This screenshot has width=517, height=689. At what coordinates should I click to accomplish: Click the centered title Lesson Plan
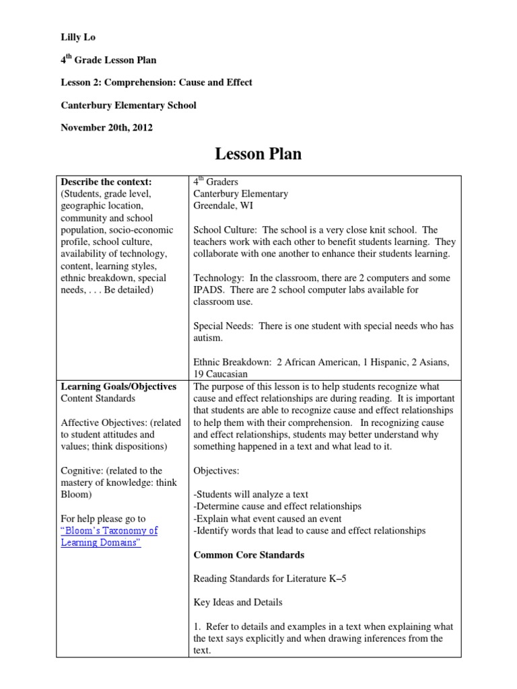pyautogui.click(x=258, y=154)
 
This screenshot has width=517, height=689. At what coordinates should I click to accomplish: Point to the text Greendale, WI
pyautogui.click(x=223, y=206)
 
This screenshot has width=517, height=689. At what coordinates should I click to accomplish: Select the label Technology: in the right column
pyautogui.click(x=217, y=278)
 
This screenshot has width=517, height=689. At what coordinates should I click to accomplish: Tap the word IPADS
pyautogui.click(x=208, y=290)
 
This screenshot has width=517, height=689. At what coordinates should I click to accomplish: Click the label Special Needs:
pyautogui.click(x=223, y=326)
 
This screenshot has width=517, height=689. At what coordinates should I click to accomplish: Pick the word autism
pyautogui.click(x=207, y=338)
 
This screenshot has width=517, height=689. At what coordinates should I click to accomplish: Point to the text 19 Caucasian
pyautogui.click(x=220, y=374)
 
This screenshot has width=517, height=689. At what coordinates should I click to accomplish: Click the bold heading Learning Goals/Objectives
pyautogui.click(x=118, y=386)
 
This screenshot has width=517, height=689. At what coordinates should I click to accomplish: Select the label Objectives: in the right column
pyautogui.click(x=216, y=470)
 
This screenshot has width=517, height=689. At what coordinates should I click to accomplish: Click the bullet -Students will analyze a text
pyautogui.click(x=251, y=494)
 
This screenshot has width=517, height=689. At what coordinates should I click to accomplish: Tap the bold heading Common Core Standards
pyautogui.click(x=248, y=555)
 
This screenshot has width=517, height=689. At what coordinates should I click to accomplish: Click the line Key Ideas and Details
pyautogui.click(x=238, y=602)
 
